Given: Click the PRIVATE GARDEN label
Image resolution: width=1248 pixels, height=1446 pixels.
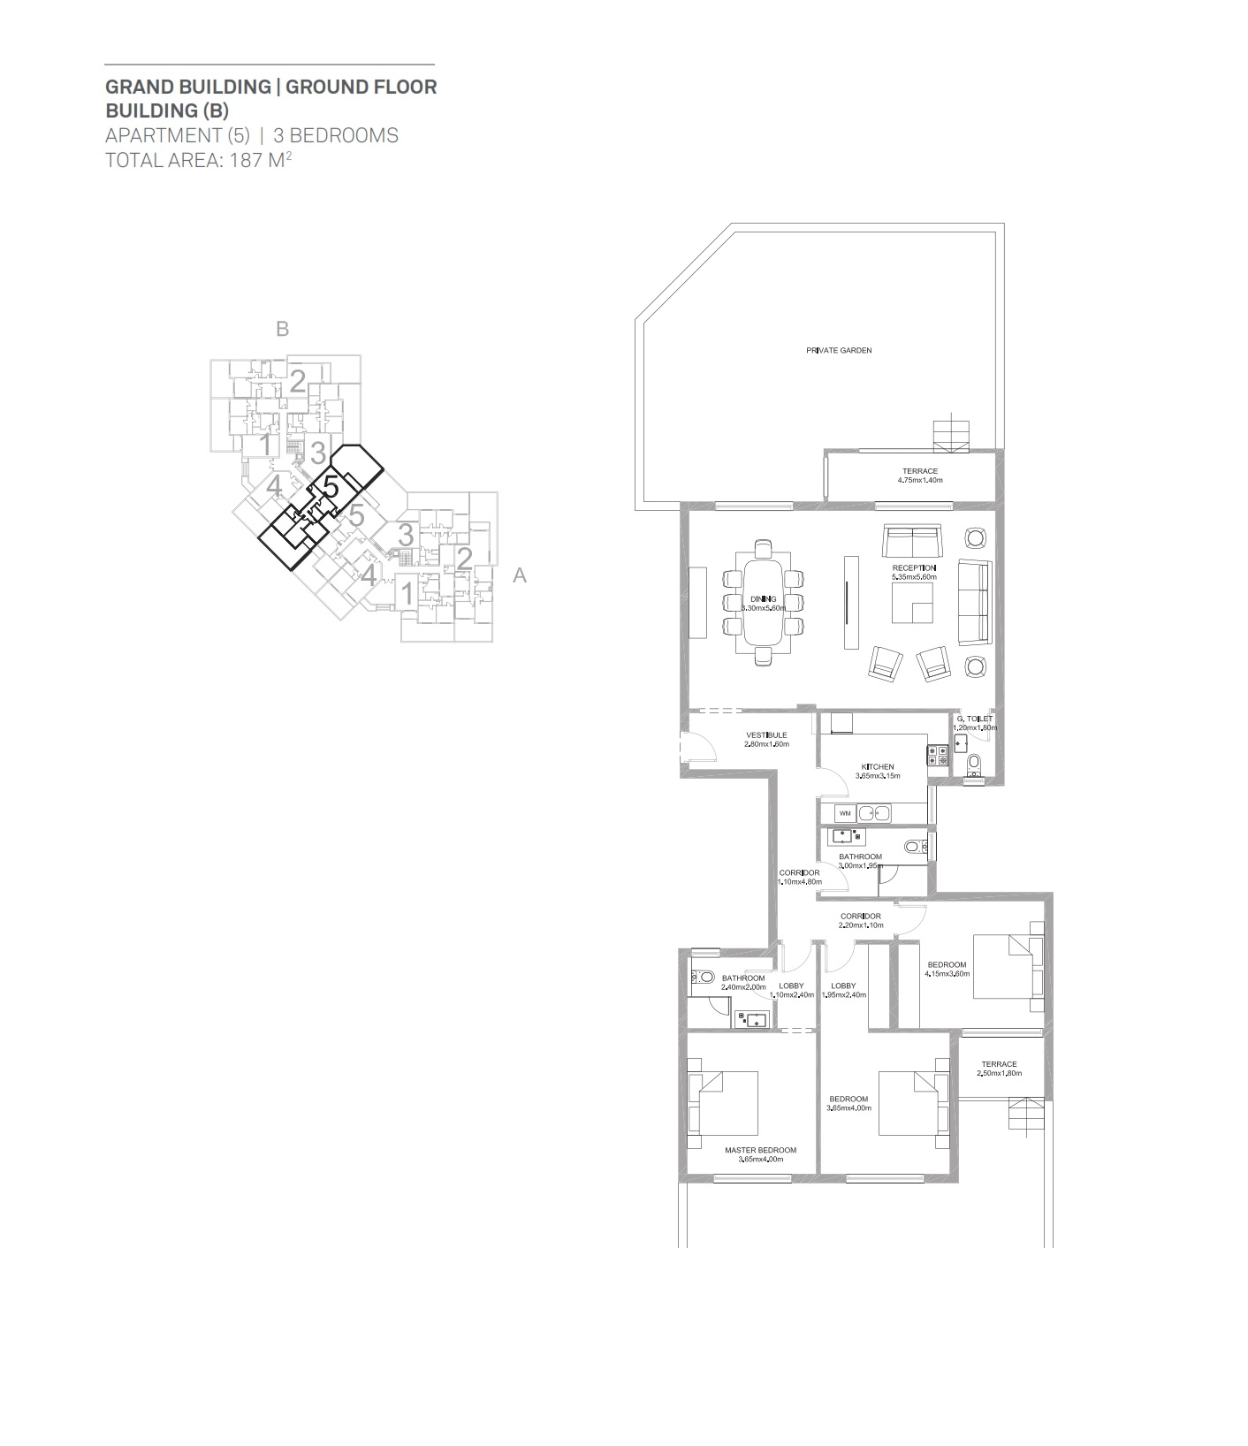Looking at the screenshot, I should (x=838, y=350).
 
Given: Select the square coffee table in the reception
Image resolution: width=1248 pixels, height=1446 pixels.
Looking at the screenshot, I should (x=912, y=603).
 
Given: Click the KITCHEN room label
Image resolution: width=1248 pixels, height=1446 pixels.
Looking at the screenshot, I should (x=878, y=767).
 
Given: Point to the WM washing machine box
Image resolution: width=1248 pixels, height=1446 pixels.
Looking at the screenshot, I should (x=845, y=812).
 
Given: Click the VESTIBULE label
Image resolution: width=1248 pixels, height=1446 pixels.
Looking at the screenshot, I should (x=765, y=735).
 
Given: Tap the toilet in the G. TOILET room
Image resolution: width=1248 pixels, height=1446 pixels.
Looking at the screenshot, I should (x=974, y=764).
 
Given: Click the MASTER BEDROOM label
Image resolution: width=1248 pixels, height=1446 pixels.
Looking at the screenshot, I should (x=760, y=1151).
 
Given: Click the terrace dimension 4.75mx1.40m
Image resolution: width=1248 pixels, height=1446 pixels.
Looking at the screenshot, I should (x=920, y=481).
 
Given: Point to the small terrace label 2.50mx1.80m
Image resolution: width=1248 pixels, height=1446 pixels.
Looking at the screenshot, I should (x=999, y=1074).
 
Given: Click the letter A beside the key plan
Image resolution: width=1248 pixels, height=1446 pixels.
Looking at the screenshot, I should (x=520, y=575).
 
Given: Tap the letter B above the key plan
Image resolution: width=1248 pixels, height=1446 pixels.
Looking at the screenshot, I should (x=283, y=329).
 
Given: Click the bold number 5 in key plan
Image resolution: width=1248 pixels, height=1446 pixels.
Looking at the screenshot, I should (x=331, y=487).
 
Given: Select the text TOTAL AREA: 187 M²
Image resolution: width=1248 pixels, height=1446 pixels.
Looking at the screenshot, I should (x=199, y=160).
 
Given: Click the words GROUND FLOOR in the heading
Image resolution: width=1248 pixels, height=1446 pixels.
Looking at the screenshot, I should (x=361, y=87).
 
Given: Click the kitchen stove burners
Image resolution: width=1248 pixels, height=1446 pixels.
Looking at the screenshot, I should (x=937, y=755).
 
